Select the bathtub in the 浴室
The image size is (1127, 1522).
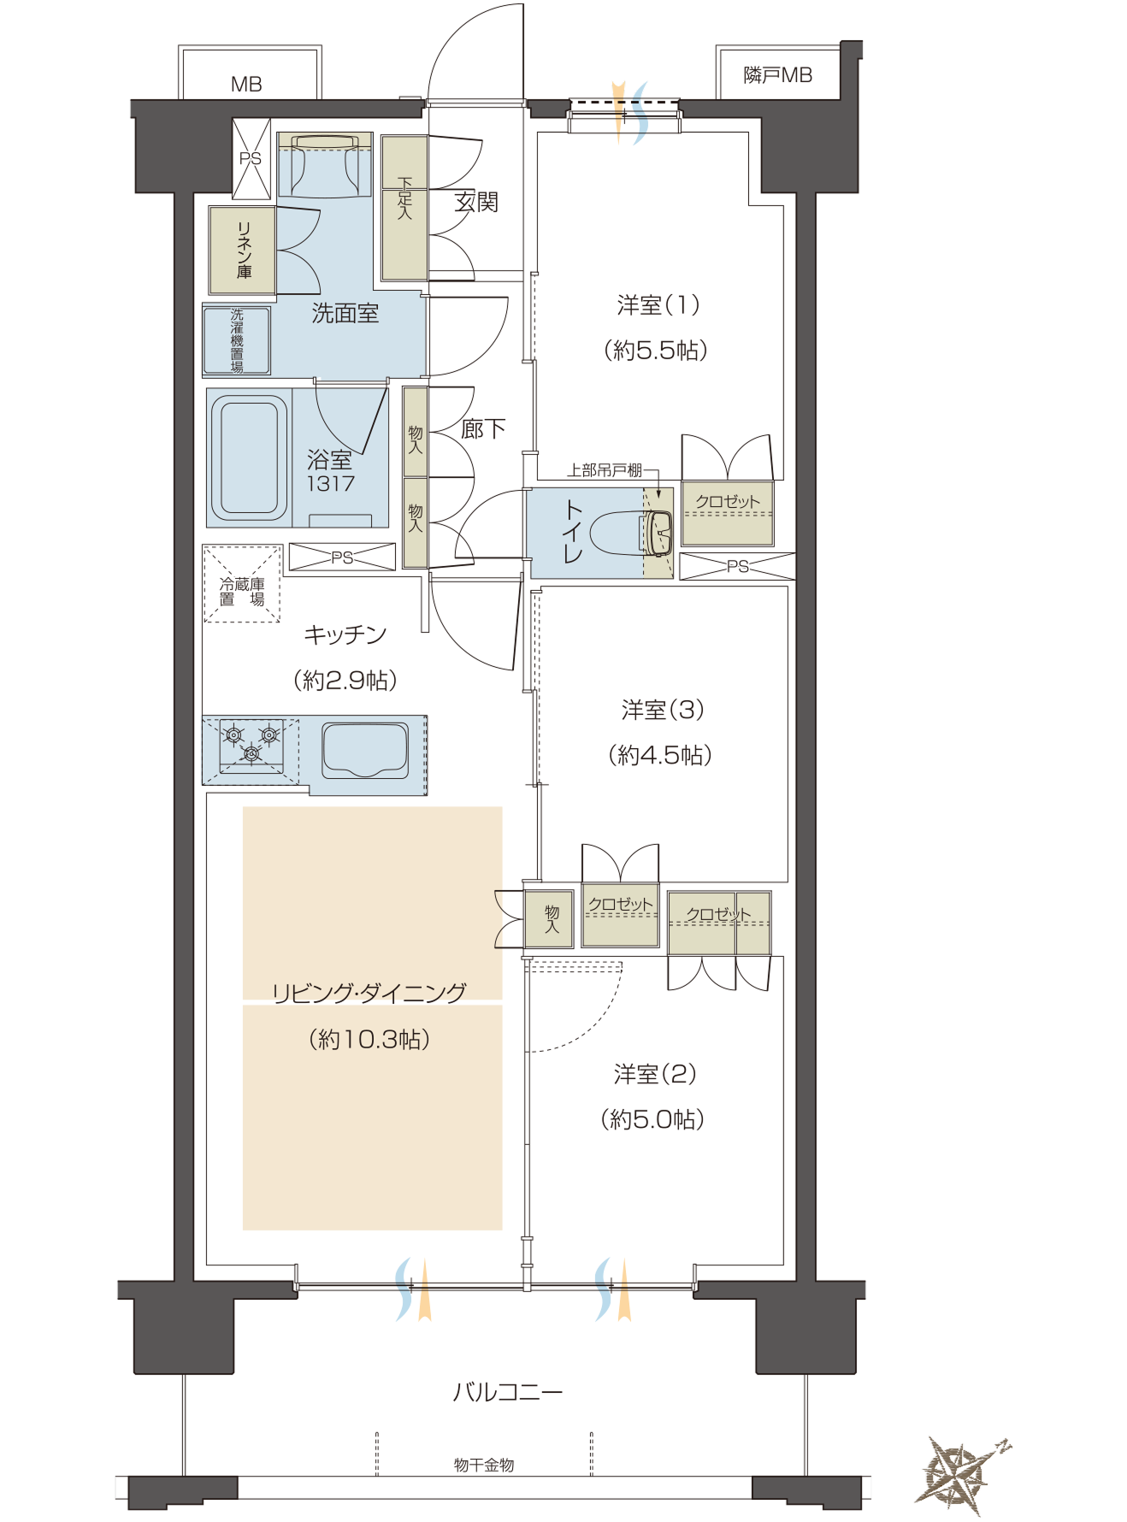[x=249, y=458]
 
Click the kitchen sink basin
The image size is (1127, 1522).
[x=365, y=750]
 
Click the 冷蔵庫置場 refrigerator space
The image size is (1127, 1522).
[x=242, y=584]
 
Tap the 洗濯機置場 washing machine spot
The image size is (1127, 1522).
[x=237, y=340]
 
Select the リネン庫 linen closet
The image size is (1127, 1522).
[x=243, y=250]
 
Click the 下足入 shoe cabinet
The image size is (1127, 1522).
[x=404, y=208]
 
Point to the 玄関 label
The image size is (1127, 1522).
[x=476, y=203]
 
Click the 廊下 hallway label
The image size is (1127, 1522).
[x=483, y=429]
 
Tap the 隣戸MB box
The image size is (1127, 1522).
[x=777, y=74]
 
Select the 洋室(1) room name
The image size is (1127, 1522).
[x=658, y=305]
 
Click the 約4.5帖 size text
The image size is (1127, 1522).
[x=660, y=755]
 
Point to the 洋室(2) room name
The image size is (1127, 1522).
[x=655, y=1074]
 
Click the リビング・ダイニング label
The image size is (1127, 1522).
[x=369, y=993]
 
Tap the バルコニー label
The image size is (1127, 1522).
[x=508, y=1393]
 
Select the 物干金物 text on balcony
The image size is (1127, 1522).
[x=484, y=1466]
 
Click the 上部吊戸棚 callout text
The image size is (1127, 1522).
[x=605, y=470]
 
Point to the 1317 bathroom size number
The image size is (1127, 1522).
[x=330, y=484]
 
